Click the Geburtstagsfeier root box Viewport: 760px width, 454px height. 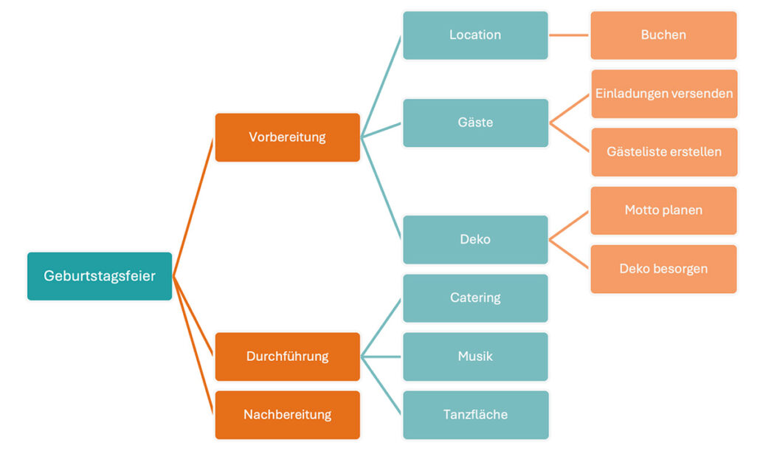click(100, 276)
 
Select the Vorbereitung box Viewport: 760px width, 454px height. click(287, 137)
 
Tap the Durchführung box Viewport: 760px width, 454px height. click(287, 357)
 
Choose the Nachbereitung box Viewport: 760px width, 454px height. click(287, 415)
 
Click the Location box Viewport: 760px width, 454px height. click(475, 35)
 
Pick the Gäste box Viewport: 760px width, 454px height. click(475, 123)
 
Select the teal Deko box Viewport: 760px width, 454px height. click(475, 239)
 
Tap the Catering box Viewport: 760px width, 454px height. click(475, 297)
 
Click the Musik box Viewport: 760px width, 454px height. click(475, 357)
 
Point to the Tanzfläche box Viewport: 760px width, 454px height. click(475, 415)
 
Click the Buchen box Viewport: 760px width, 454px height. click(663, 35)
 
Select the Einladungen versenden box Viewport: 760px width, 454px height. click(664, 94)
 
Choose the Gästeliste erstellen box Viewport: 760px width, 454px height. click(664, 152)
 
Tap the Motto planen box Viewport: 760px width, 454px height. click(663, 210)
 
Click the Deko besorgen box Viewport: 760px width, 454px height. click(663, 269)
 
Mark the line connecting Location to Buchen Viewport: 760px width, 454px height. click(569, 35)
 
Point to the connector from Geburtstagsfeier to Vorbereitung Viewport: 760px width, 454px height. click(193, 207)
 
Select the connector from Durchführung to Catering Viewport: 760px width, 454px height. click(381, 328)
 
